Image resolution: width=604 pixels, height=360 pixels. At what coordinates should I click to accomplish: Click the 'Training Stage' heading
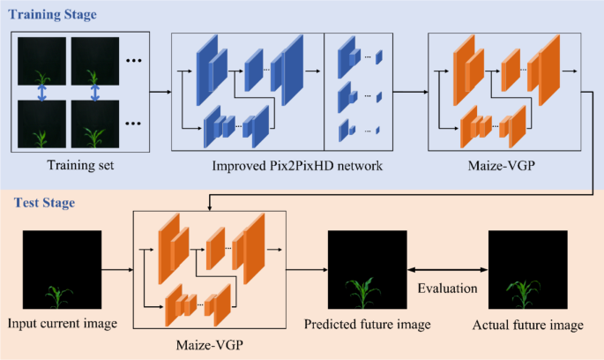click(x=53, y=15)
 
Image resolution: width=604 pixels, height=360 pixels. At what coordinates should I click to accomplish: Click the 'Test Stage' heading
click(x=43, y=202)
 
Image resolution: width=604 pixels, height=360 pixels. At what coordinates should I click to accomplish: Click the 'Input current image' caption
click(x=61, y=324)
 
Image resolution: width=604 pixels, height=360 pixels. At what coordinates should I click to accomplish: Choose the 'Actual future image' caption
click(x=527, y=325)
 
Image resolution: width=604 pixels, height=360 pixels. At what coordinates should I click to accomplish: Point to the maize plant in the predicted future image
click(x=362, y=291)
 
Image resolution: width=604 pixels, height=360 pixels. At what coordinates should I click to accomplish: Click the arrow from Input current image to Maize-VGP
click(x=122, y=264)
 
